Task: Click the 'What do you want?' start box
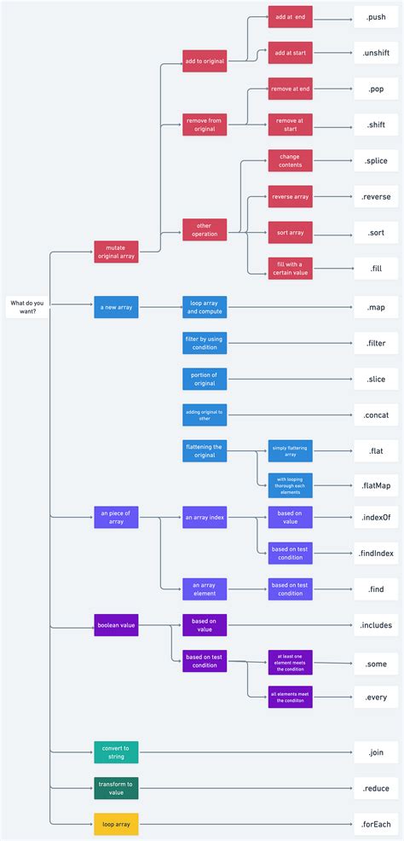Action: coord(27,306)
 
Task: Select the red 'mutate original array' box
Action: coord(116,252)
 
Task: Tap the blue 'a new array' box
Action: coord(116,306)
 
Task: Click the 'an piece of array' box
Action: coord(116,516)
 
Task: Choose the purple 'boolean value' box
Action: coord(116,625)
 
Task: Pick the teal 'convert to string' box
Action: coord(116,751)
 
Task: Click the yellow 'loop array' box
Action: coord(116,823)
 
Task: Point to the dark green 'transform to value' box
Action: coord(116,787)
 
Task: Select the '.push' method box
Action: coord(376,16)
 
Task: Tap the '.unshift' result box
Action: coord(376,52)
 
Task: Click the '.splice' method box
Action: coord(376,159)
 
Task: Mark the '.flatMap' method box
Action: coord(376,485)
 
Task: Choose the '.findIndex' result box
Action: coord(376,553)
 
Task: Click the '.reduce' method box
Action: coord(376,787)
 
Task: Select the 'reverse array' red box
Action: coord(291,196)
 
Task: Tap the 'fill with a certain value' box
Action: coord(291,268)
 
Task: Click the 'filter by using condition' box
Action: coord(205,343)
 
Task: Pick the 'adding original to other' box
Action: coord(205,415)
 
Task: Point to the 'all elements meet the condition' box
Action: coord(291,697)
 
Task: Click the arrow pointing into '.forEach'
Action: coord(350,823)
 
